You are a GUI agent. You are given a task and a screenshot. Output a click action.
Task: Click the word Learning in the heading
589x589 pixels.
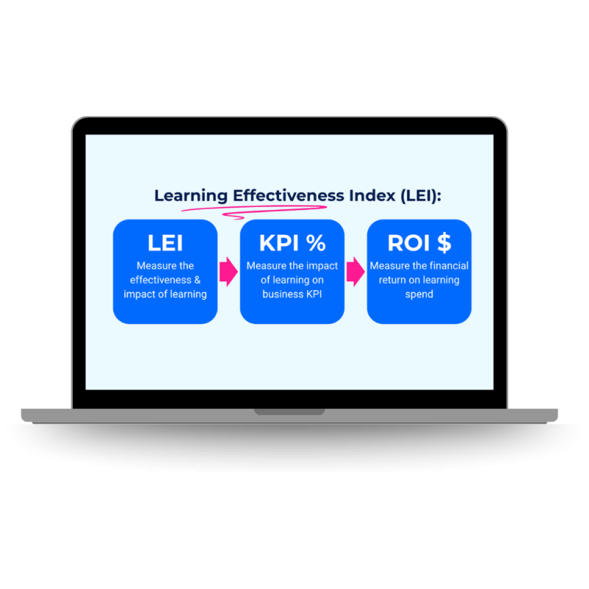(191, 197)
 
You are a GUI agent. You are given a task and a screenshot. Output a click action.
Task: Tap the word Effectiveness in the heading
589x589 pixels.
(289, 196)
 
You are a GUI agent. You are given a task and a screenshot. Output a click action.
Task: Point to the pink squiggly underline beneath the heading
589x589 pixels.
(243, 212)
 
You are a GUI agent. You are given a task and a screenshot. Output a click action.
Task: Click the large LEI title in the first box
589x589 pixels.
(165, 244)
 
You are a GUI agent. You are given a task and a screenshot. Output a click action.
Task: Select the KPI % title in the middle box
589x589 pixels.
(292, 244)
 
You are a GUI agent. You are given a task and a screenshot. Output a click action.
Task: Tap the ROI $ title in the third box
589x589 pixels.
(419, 244)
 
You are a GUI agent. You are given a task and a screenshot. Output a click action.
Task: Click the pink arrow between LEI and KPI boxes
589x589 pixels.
(229, 272)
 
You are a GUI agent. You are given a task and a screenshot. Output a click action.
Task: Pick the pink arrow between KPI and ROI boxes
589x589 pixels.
(356, 272)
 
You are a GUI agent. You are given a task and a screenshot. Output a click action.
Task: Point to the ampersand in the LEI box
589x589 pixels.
(197, 281)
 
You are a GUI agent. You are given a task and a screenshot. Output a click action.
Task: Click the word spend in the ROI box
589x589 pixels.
(419, 294)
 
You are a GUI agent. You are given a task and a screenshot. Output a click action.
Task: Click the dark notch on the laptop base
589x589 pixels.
(289, 412)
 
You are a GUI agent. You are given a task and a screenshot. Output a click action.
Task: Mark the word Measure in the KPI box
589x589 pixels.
(264, 266)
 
